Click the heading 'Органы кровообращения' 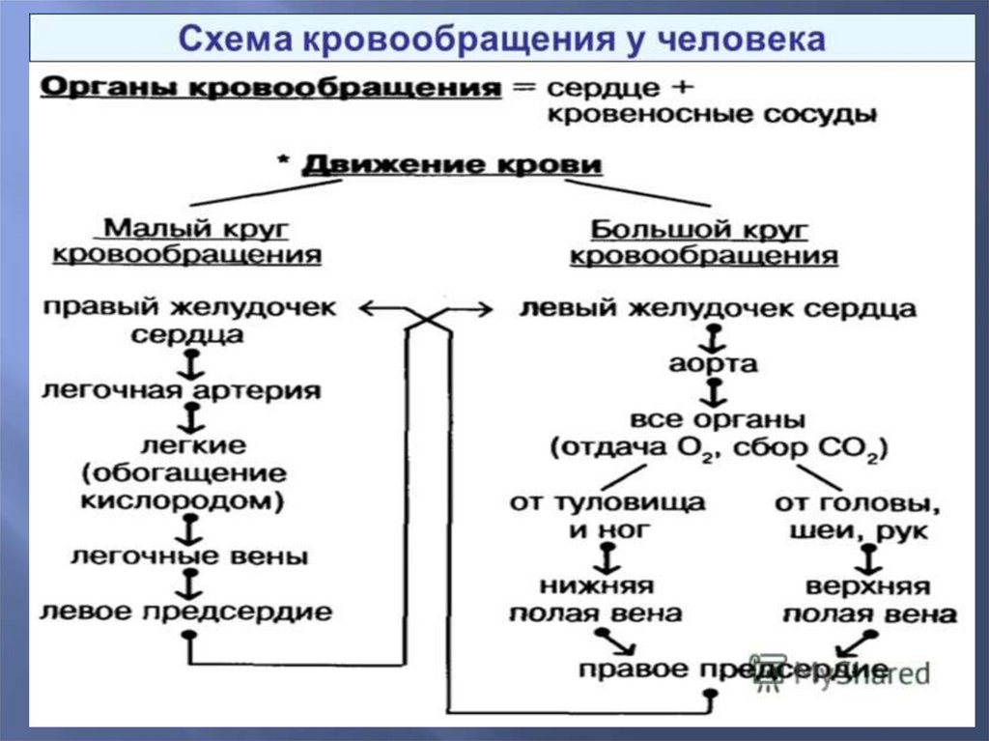(x=270, y=88)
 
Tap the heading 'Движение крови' (x=453, y=165)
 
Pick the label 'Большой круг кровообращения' (x=703, y=242)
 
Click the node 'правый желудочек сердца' (x=189, y=322)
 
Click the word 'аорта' (x=713, y=364)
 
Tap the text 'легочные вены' (x=189, y=556)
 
